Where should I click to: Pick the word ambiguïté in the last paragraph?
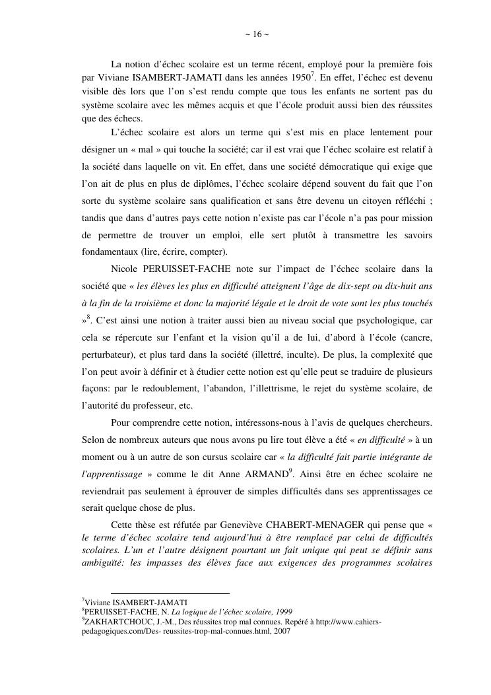[x=99, y=564]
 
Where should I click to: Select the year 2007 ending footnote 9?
[x=281, y=630]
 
